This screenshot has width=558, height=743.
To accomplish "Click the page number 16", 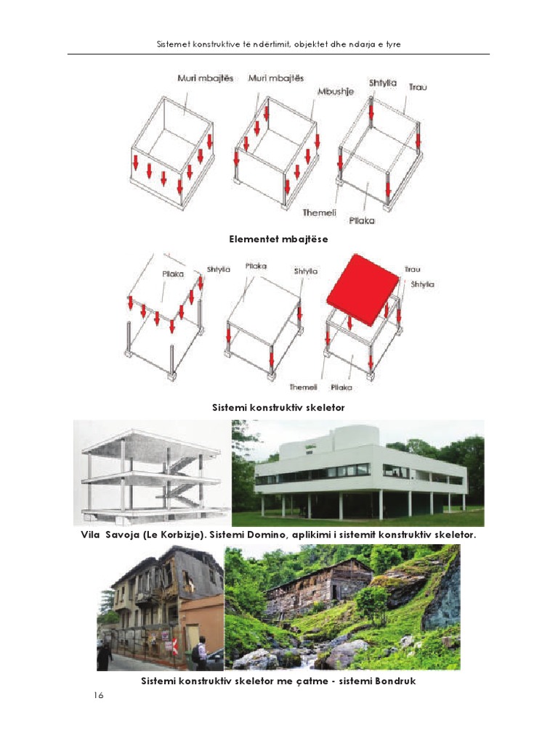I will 99,696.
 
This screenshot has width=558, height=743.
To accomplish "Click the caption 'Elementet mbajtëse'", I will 278,238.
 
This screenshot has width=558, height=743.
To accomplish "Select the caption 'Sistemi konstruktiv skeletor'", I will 278,408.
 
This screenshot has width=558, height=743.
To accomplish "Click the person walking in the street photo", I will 105,654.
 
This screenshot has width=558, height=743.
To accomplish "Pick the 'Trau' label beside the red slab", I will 413,270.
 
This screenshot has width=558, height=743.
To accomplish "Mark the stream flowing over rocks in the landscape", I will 309,659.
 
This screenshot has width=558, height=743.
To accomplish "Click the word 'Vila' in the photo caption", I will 93,535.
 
